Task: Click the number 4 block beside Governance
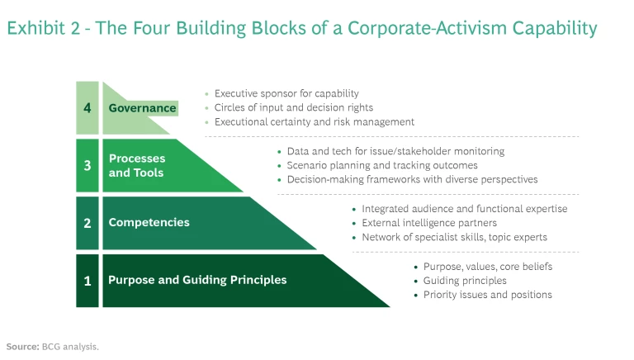[87, 107]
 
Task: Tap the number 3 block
[87, 165]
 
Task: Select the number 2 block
[87, 222]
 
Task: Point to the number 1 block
[87, 280]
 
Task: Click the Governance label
[142, 108]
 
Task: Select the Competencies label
[149, 222]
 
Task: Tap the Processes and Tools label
[137, 165]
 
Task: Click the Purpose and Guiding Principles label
[197, 280]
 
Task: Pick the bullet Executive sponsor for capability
[286, 94]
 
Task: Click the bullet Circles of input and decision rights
[293, 107]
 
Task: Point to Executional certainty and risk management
[314, 121]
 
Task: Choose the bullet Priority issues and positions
[487, 295]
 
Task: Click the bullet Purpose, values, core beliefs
[487, 267]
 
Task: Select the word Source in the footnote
[21, 346]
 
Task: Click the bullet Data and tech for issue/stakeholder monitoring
[395, 152]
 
